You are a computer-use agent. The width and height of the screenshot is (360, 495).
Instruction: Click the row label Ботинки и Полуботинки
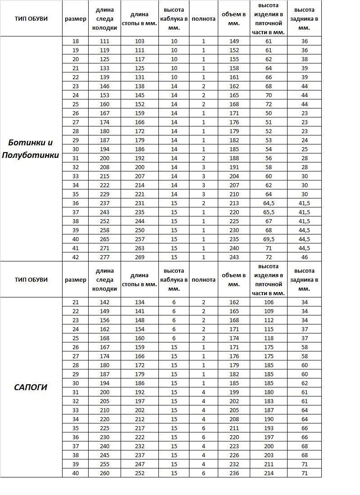[31, 149]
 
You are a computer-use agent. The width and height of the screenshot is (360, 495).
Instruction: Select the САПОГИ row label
[31, 387]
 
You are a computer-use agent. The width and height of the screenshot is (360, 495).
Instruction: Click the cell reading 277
[104, 257]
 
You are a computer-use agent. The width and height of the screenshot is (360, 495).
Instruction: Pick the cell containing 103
[139, 41]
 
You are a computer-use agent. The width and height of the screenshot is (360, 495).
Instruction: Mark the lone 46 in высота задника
[304, 257]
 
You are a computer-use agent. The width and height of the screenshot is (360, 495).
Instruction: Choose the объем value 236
[234, 473]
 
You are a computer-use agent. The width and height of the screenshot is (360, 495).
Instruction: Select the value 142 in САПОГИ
[104, 302]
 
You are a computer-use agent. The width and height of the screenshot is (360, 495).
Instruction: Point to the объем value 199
[234, 392]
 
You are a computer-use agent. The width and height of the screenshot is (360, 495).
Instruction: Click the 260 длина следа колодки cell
[104, 473]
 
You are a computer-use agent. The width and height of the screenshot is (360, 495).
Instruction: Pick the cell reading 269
[139, 257]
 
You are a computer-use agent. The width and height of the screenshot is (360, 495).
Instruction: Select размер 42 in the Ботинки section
[76, 257]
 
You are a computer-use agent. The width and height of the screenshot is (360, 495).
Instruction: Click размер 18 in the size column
[76, 41]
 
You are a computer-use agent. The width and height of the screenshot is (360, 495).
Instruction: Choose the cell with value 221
[139, 194]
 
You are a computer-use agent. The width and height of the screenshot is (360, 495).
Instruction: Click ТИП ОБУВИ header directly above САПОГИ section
[31, 279]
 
